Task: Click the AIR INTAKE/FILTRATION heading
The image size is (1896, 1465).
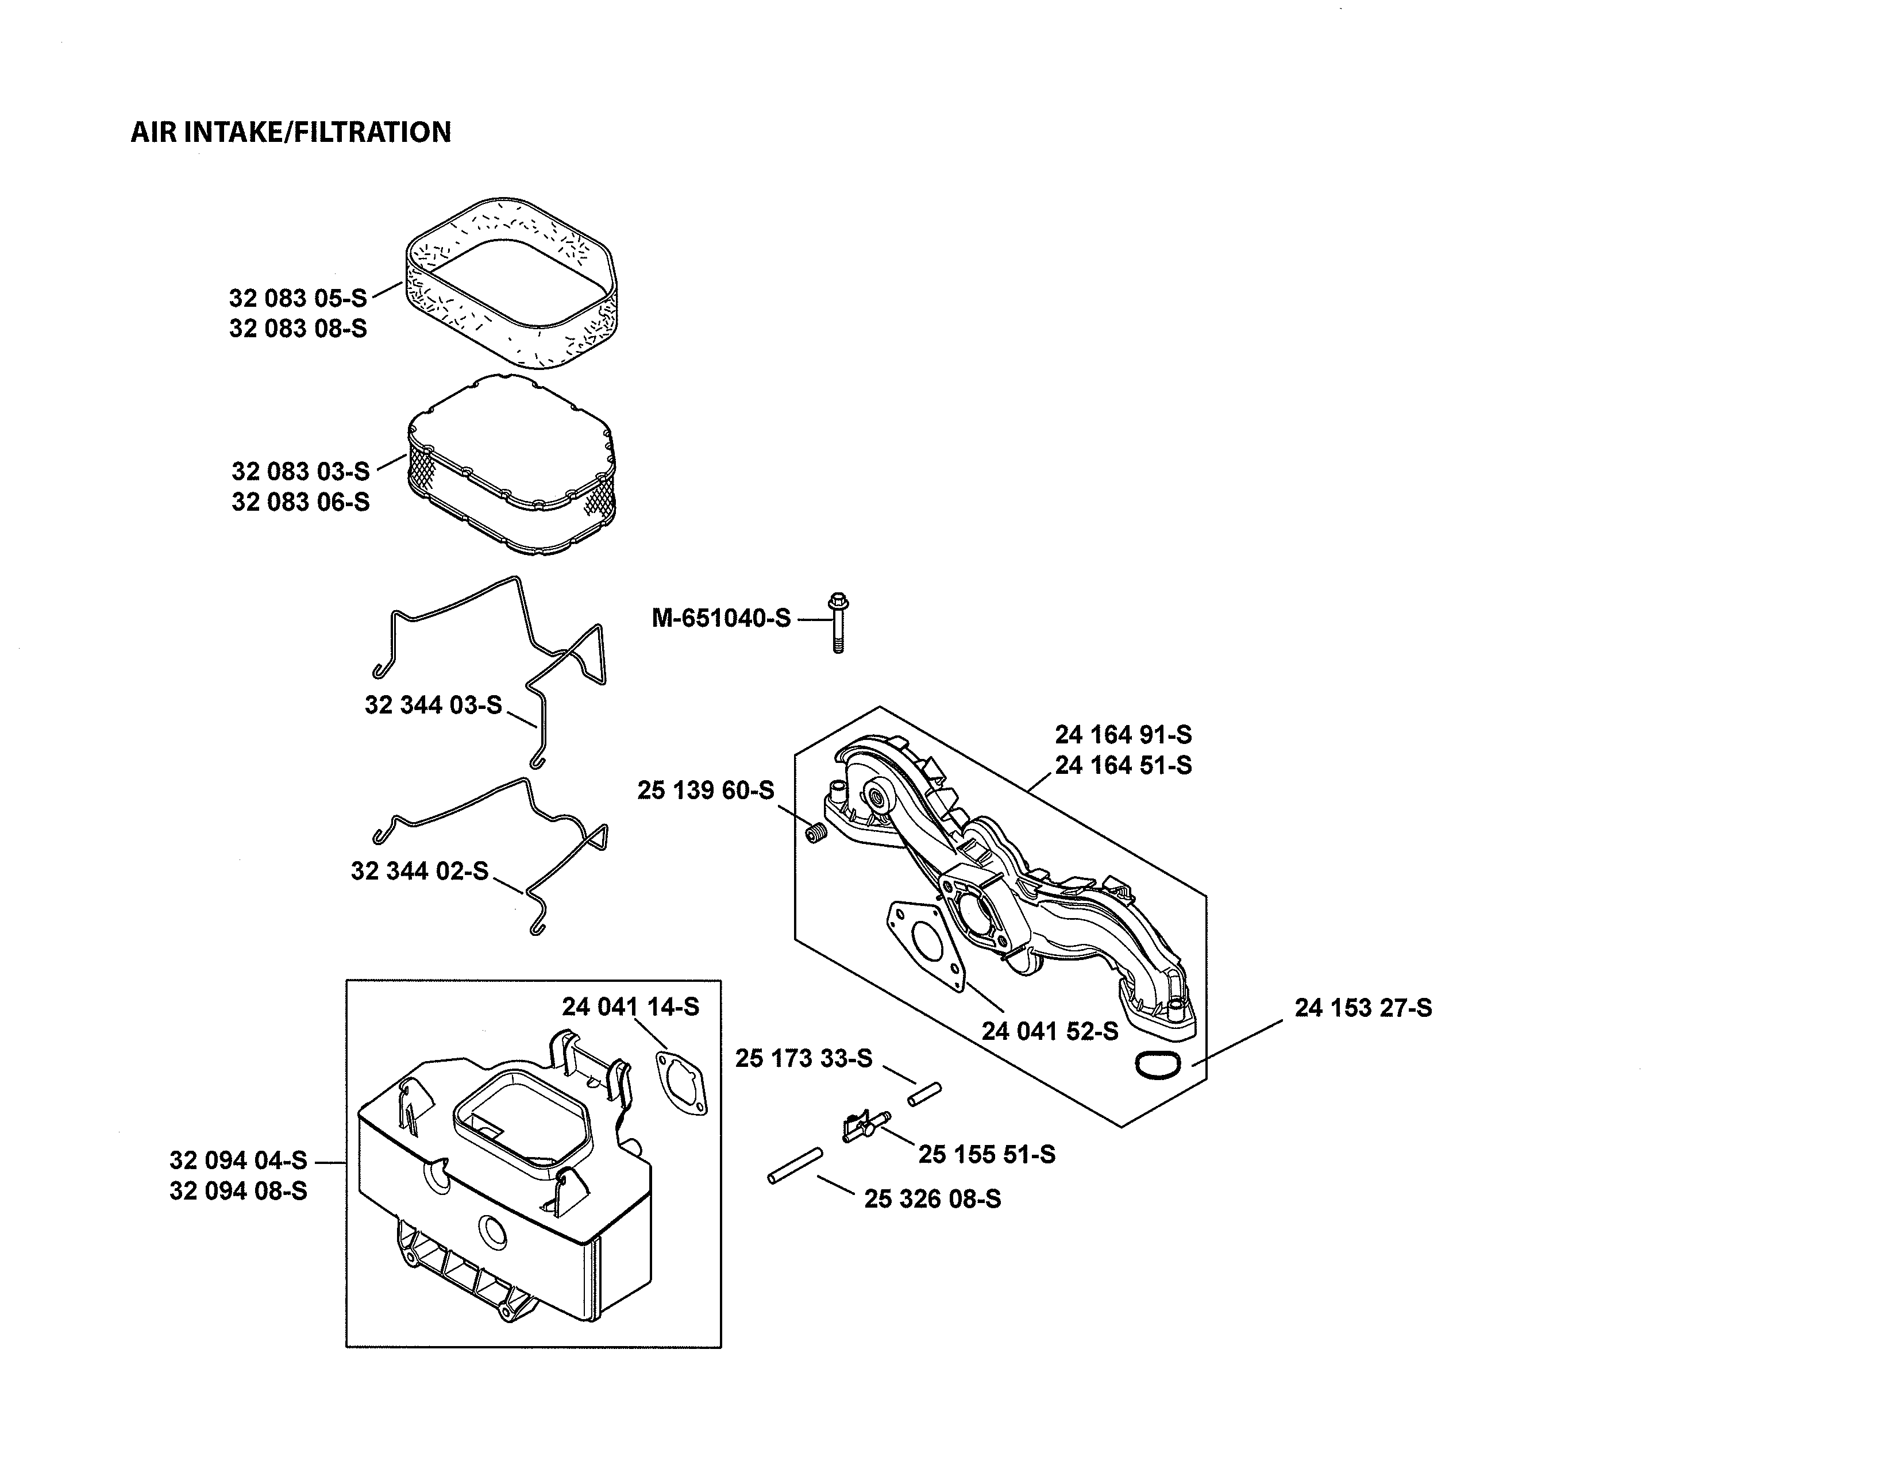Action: click(x=291, y=132)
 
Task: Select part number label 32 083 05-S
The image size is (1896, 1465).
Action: click(x=298, y=299)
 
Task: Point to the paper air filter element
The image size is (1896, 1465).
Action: click(x=512, y=464)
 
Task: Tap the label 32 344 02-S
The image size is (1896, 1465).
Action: click(x=419, y=870)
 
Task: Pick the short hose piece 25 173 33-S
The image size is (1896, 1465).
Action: click(x=924, y=1093)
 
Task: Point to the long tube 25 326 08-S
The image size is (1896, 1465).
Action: click(x=795, y=1166)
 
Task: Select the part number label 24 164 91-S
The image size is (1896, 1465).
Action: click(x=1123, y=735)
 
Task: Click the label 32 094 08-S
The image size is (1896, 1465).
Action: click(x=238, y=1191)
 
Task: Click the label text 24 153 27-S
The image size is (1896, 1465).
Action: click(x=1363, y=1008)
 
